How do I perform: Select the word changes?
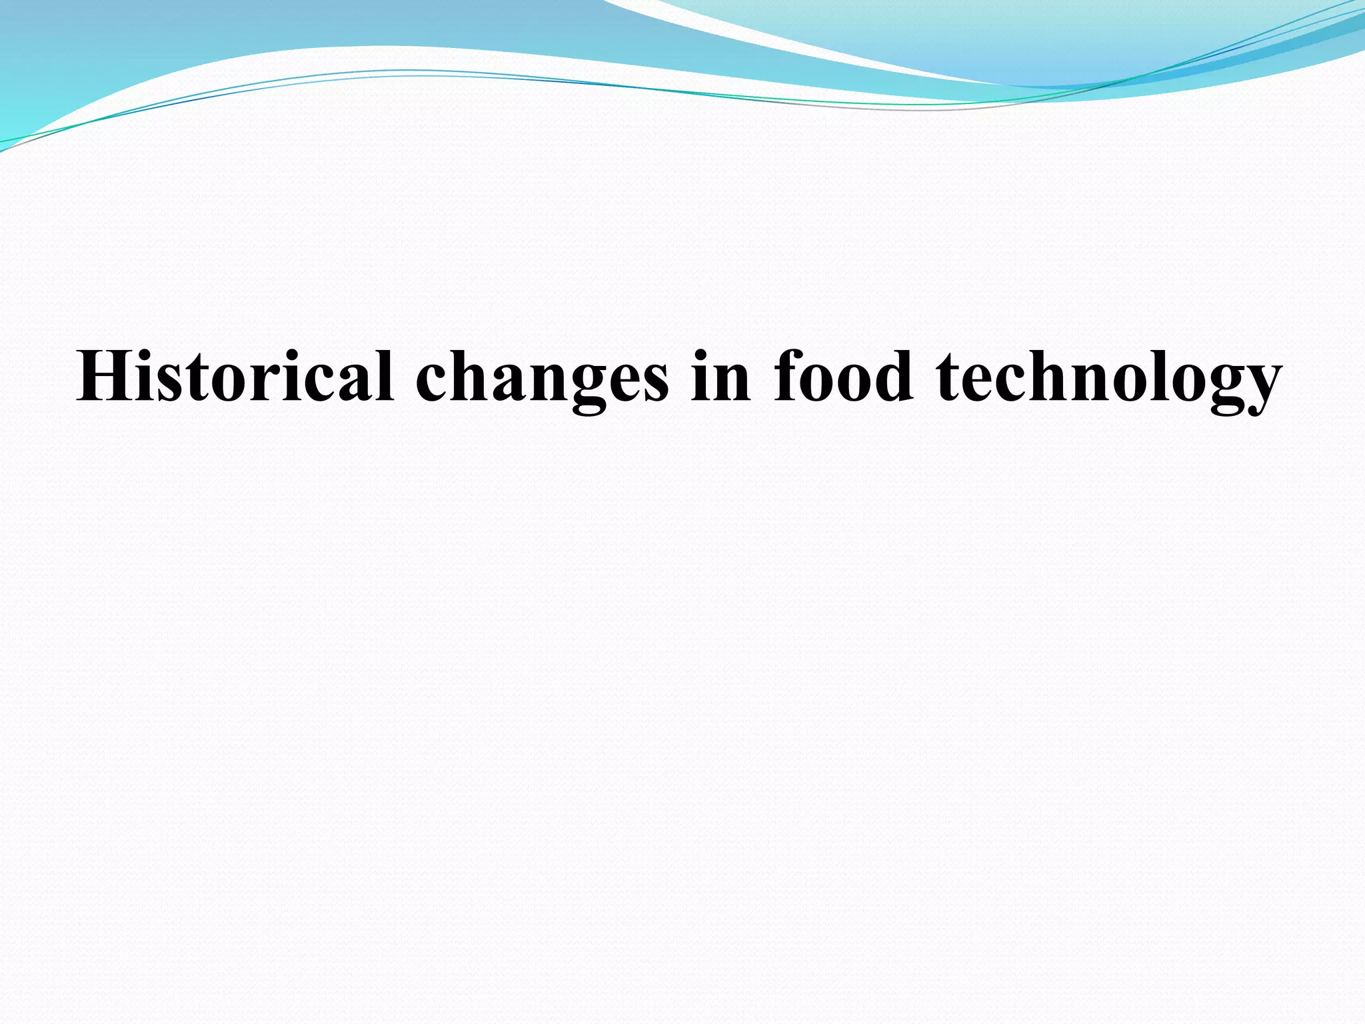click(x=541, y=380)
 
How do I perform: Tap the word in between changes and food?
click(x=721, y=377)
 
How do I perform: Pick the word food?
click(x=842, y=377)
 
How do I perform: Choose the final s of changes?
click(x=654, y=383)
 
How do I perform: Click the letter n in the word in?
click(x=732, y=383)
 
